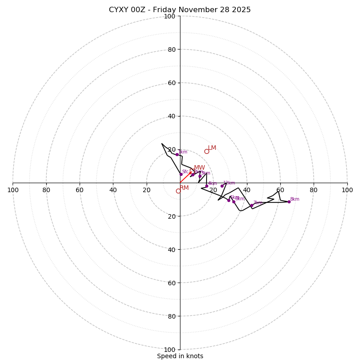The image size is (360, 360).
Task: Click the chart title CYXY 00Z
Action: (x=180, y=10)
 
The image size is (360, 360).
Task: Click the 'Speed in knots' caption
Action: (x=180, y=356)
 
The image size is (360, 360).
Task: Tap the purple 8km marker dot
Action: (x=289, y=202)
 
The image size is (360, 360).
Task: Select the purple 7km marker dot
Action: (x=252, y=206)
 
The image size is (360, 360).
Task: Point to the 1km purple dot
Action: (x=177, y=154)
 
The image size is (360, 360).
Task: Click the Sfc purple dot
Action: (x=181, y=174)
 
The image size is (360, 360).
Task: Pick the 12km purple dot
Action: (x=222, y=186)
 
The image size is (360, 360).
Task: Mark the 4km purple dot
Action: (x=207, y=186)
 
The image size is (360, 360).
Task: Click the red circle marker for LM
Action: (x=207, y=151)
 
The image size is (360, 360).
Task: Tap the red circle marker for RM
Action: (x=178, y=191)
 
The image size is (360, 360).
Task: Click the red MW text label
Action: (x=199, y=168)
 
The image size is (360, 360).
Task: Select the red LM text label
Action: (x=212, y=148)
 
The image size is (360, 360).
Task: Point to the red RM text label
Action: (x=184, y=188)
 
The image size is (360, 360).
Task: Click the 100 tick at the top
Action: (x=170, y=16)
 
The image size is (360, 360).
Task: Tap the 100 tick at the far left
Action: (x=13, y=190)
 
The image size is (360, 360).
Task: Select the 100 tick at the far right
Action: (x=347, y=190)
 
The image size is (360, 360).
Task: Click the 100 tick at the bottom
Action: (x=170, y=350)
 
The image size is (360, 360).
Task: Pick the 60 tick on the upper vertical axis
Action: (x=171, y=83)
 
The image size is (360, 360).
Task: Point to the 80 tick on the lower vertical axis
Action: (x=171, y=316)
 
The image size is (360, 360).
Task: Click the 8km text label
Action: (x=294, y=199)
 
